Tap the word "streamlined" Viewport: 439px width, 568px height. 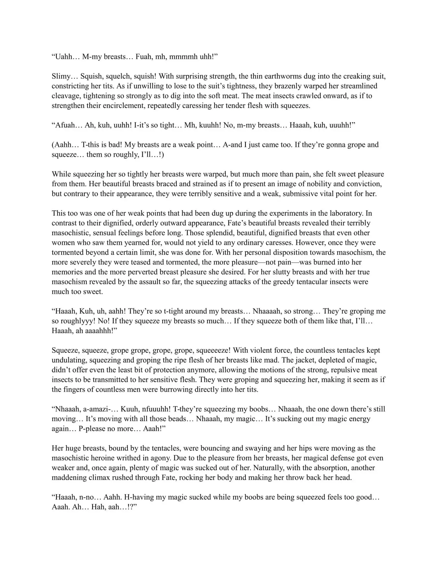coord(359,86)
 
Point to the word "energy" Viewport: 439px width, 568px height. coord(359,419)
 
